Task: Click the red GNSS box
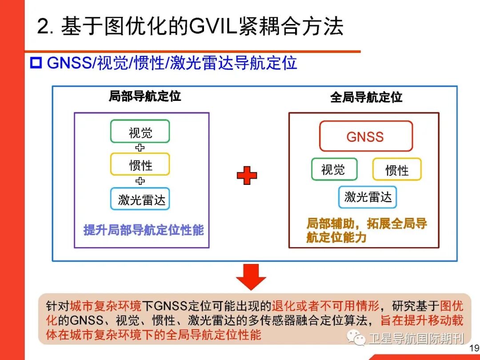[366, 136]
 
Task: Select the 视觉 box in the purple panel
[140, 132]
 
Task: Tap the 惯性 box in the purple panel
[140, 164]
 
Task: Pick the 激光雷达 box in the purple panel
[140, 199]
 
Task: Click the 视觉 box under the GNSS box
[334, 169]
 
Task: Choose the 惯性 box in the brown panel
[396, 169]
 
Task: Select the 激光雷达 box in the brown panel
[367, 197]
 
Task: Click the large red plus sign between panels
[247, 176]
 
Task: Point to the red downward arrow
[251, 277]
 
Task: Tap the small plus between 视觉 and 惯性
[140, 148]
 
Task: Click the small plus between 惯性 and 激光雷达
[140, 181]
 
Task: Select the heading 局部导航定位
[145, 96]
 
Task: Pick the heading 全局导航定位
[366, 97]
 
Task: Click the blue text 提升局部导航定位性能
[143, 230]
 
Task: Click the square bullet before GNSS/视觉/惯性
[35, 63]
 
